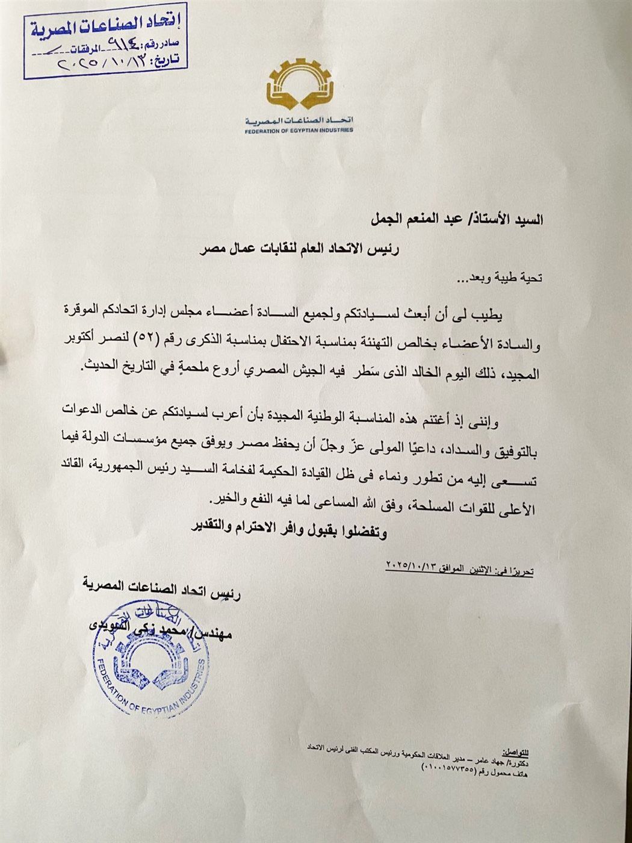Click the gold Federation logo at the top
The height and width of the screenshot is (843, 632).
[x=299, y=89]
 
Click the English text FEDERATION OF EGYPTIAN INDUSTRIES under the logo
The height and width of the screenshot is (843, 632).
[x=299, y=130]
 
